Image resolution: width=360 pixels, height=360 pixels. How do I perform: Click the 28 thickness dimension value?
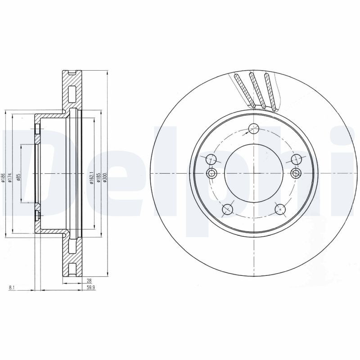90,280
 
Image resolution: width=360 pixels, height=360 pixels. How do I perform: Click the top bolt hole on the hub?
254,128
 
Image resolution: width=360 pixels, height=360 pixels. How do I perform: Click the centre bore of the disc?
254,174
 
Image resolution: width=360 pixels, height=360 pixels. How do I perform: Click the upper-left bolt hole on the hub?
211,159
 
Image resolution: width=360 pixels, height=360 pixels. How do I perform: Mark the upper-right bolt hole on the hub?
296,159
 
